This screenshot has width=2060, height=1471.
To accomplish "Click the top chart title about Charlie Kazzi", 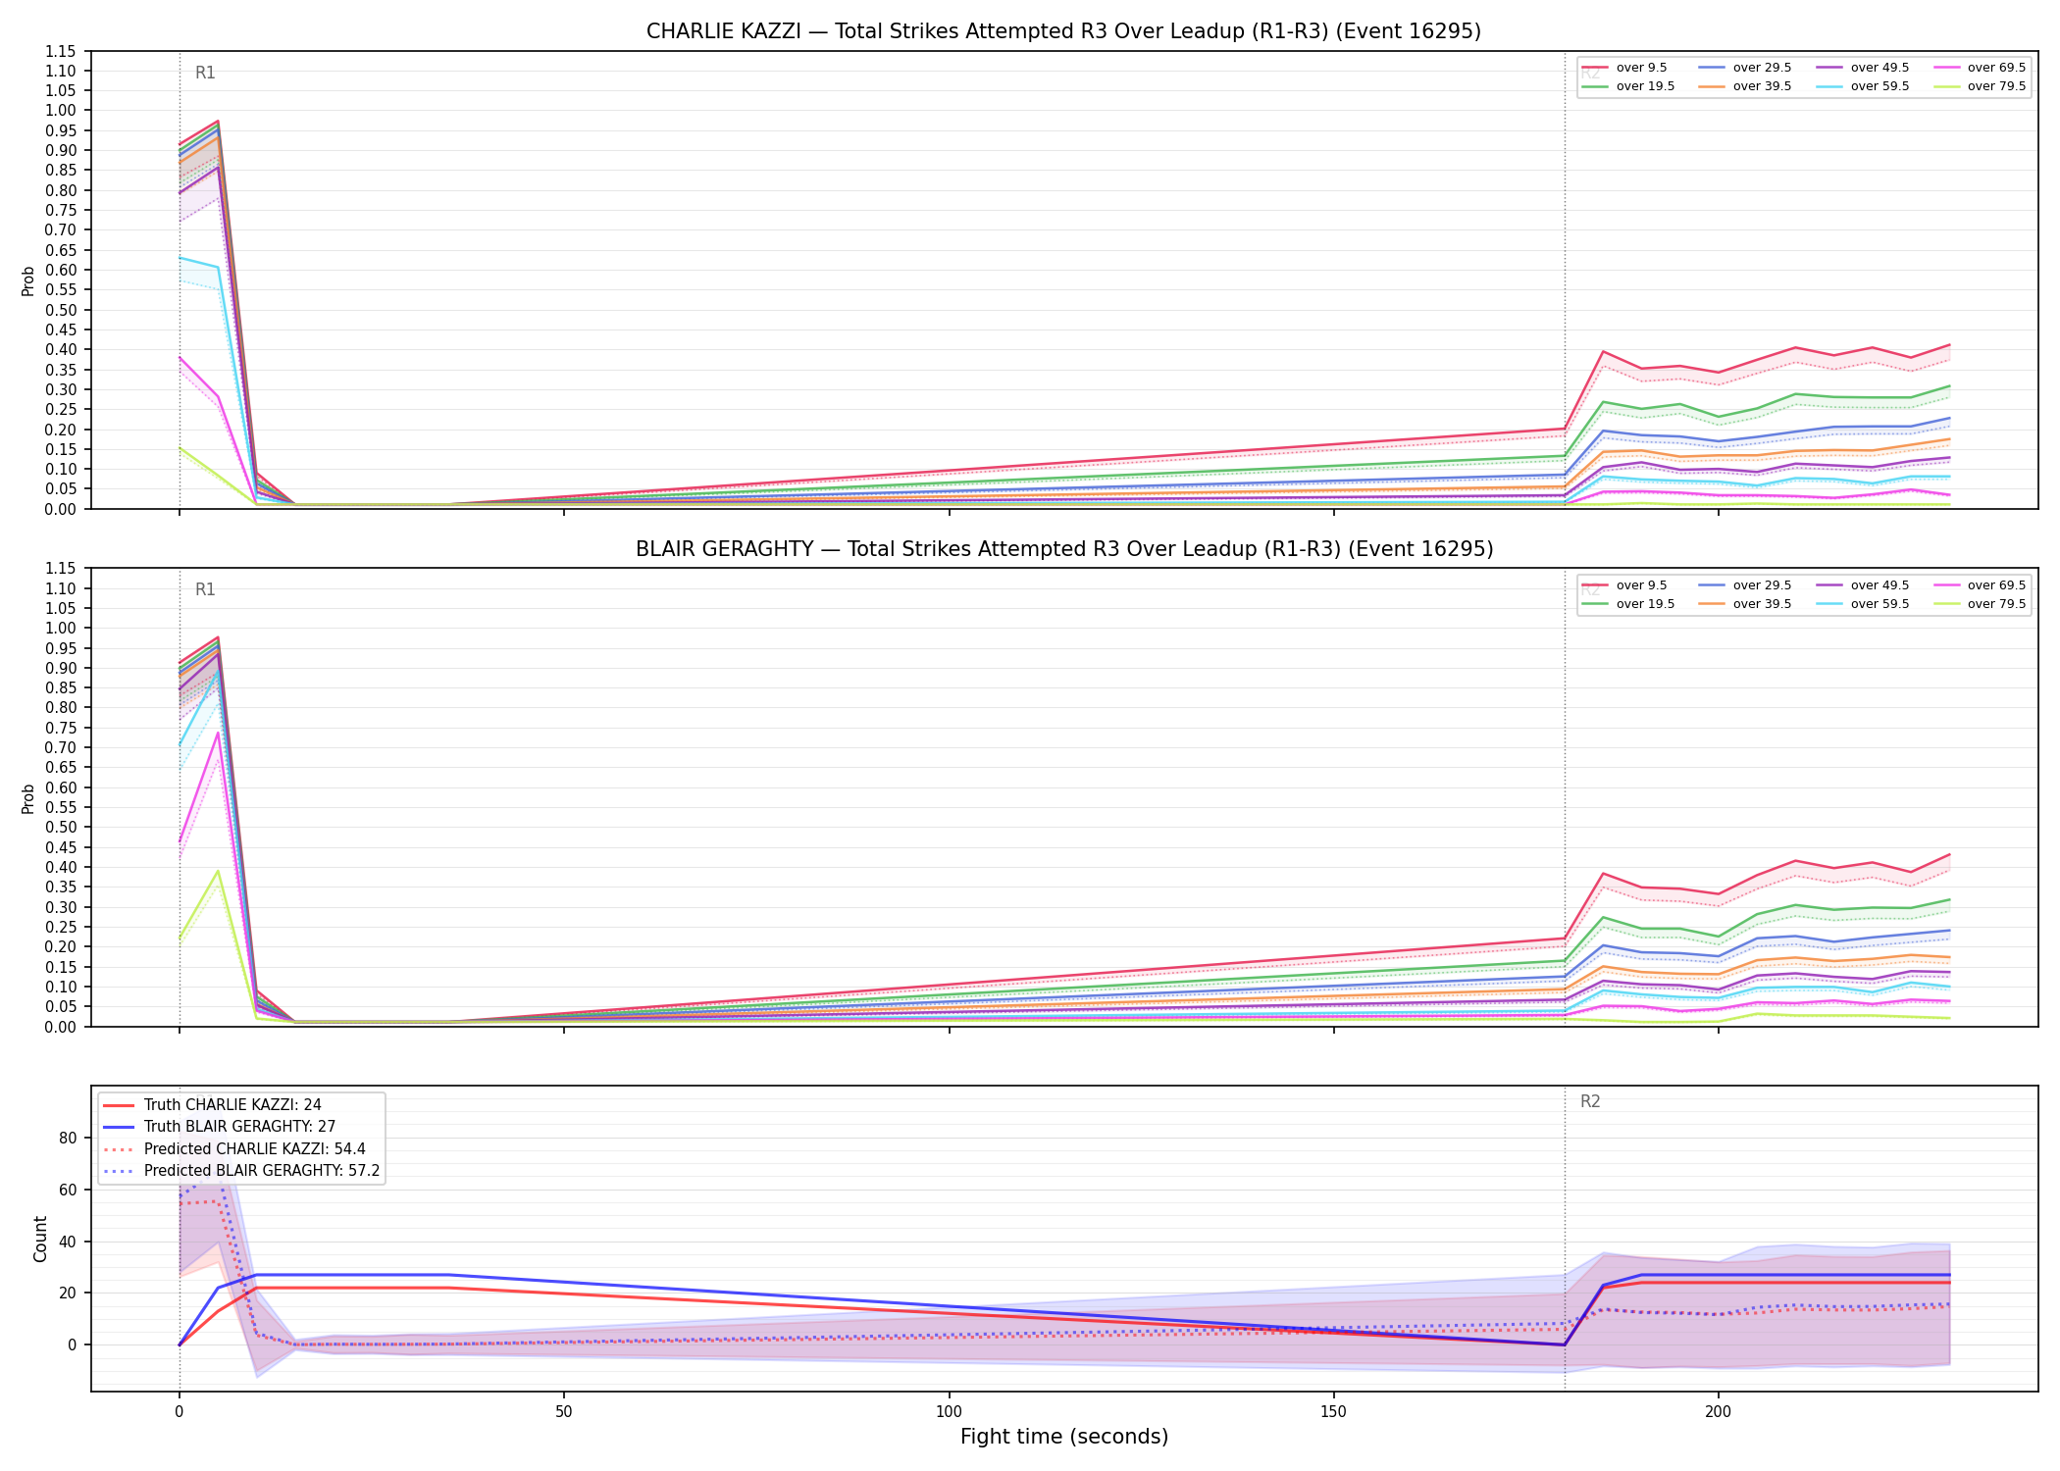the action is (1063, 31).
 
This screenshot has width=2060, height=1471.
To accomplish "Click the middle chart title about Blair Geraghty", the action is (1064, 549).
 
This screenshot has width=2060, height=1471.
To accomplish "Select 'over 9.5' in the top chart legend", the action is (1641, 68).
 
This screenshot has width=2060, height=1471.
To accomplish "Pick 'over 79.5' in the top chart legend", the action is (1996, 86).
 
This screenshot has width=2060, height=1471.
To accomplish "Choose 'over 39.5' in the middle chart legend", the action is (1762, 604).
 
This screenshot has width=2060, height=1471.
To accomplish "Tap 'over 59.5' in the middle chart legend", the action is (1880, 604).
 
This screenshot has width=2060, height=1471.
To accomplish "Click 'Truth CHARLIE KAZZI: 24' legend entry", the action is (232, 1105).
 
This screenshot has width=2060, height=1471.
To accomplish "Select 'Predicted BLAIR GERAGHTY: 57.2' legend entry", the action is (262, 1171).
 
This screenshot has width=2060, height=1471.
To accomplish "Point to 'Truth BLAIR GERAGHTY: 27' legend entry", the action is (240, 1127).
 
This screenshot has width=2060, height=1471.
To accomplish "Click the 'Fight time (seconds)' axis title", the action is (1064, 1437).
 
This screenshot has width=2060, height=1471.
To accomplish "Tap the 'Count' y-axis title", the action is (40, 1239).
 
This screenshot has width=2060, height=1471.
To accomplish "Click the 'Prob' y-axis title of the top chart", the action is (28, 280).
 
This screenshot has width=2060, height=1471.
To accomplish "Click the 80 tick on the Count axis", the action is (68, 1138).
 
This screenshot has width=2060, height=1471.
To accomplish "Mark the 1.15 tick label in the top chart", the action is (61, 51).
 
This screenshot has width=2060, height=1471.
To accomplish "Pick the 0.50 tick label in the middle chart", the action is (61, 827).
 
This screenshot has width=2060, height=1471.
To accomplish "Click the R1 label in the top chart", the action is (205, 73).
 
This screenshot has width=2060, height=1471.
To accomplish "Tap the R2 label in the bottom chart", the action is (1590, 1102).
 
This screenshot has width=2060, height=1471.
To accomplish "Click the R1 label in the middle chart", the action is (205, 589).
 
